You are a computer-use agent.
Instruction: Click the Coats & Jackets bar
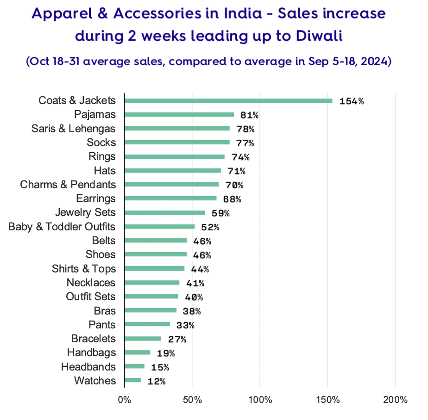coord(228,100)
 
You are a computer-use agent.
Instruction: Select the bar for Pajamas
coord(179,115)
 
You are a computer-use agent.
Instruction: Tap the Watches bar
coord(132,381)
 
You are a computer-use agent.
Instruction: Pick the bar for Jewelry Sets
coord(164,213)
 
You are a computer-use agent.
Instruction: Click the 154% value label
coord(351,101)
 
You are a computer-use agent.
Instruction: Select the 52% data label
coord(210,227)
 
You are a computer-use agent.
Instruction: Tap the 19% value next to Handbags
coord(165,353)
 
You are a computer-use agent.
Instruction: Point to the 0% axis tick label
coord(125,400)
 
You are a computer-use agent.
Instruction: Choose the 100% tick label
coord(260,400)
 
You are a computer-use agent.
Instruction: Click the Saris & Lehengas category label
coord(74,129)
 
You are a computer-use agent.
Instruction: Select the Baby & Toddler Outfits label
coord(62,227)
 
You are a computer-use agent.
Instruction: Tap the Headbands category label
coord(88,367)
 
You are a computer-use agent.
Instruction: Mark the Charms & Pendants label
coord(68,185)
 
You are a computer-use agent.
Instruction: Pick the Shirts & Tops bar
coord(154,269)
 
